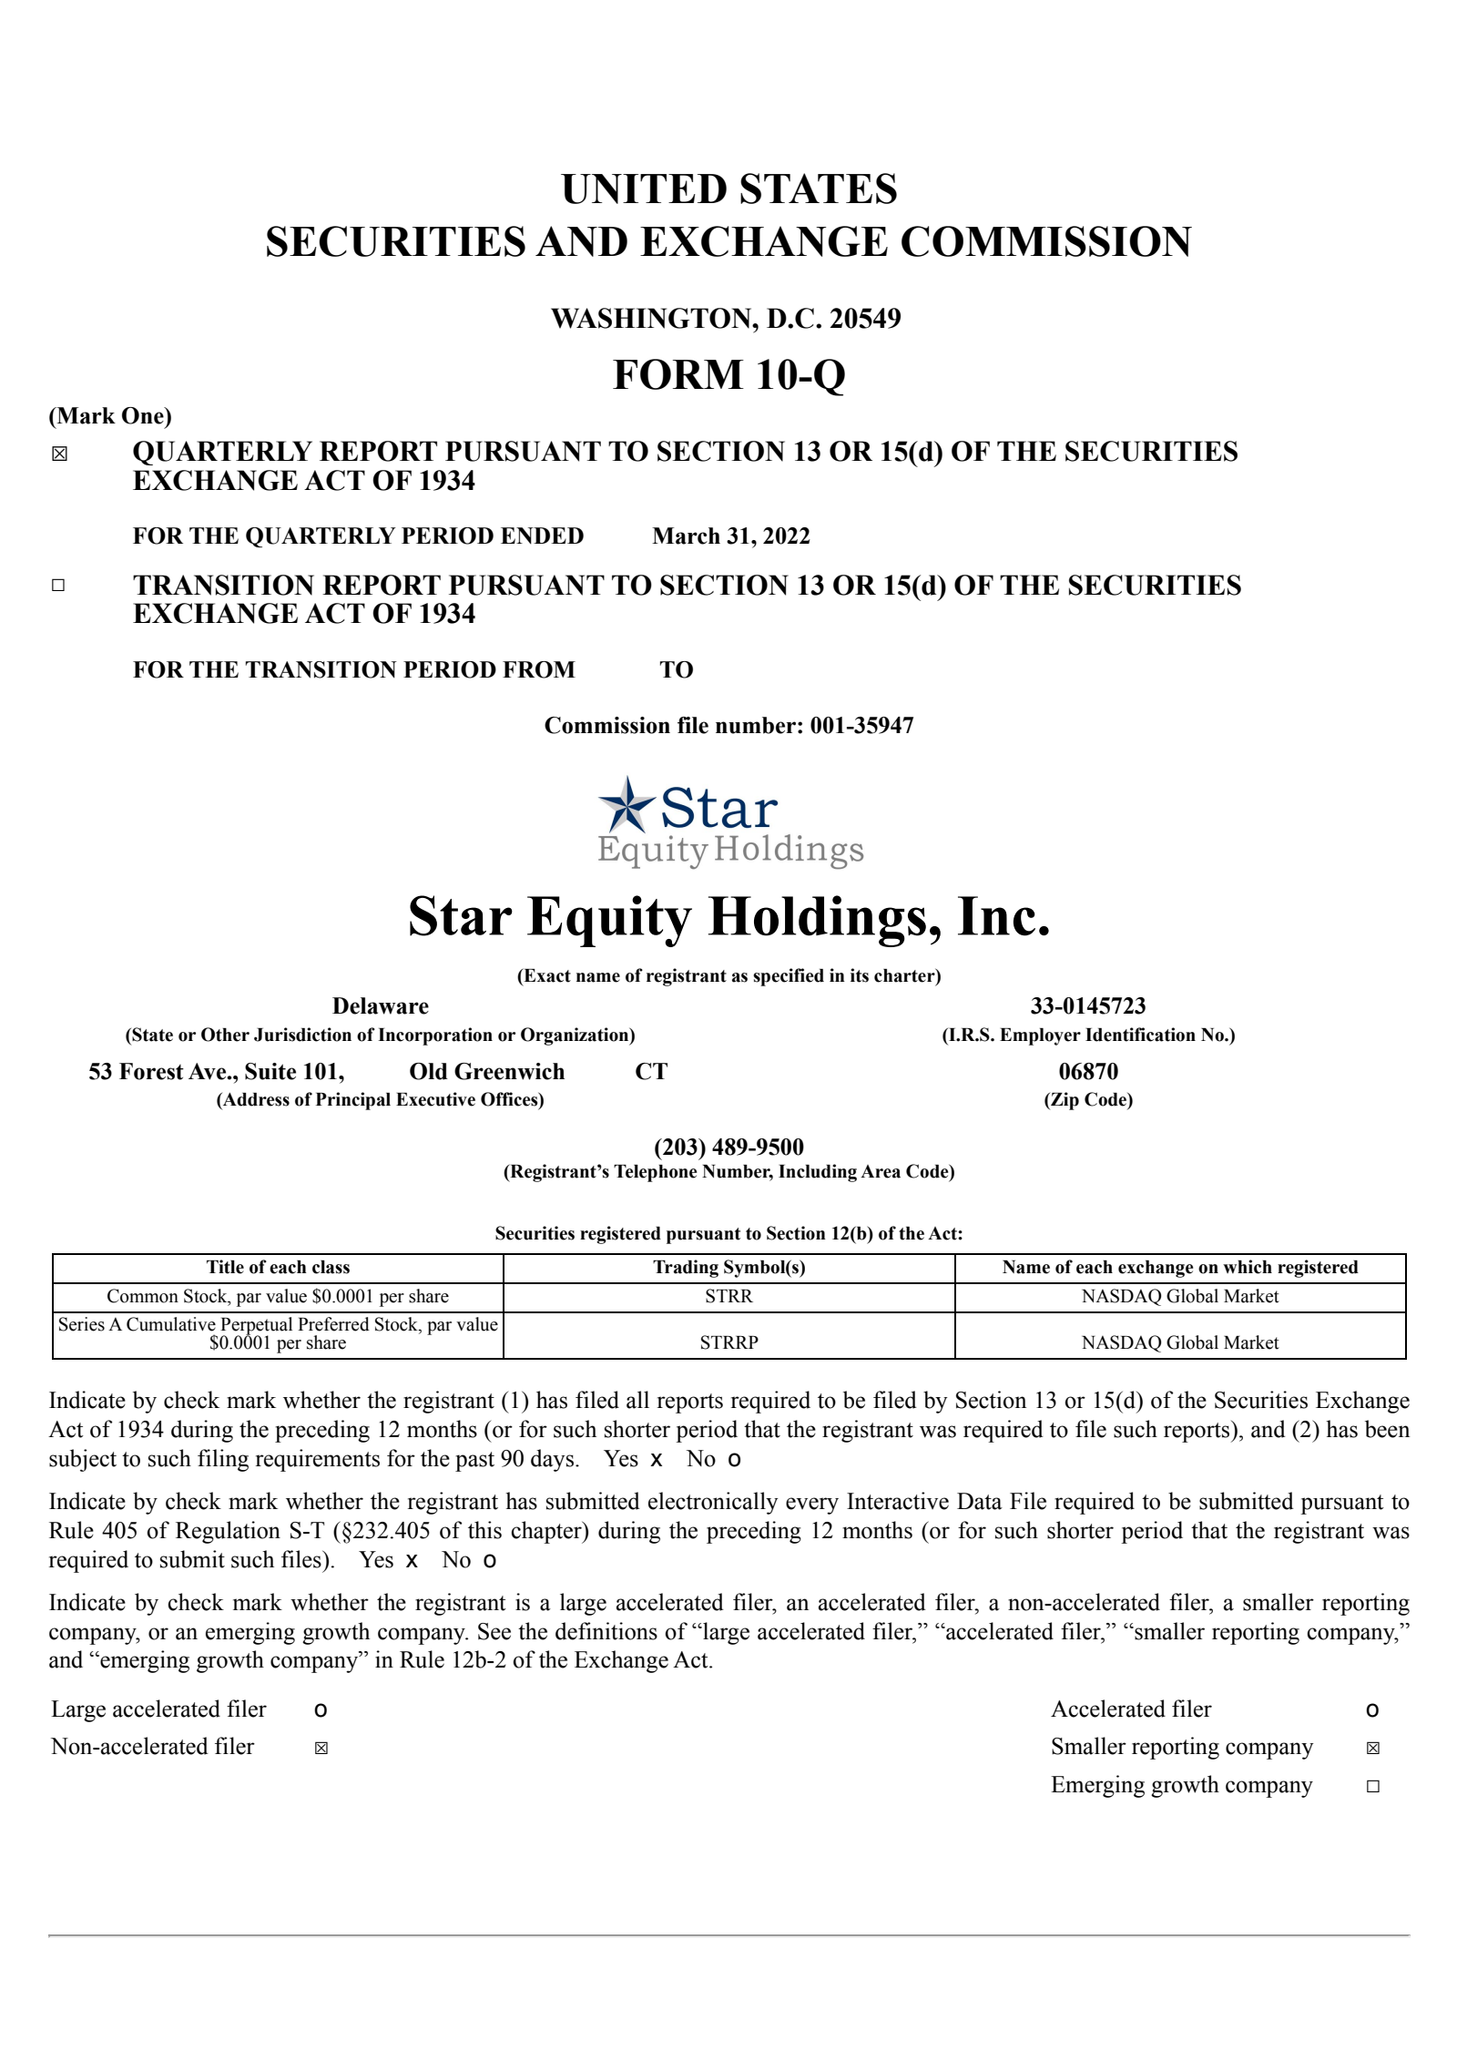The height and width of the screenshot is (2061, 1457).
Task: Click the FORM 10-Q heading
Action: [728, 374]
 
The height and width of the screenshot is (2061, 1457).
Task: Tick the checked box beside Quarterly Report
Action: [59, 454]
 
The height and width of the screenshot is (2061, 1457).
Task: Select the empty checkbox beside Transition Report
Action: [58, 586]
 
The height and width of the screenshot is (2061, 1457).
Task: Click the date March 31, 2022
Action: [730, 536]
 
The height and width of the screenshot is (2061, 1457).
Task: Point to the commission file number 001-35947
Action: [861, 725]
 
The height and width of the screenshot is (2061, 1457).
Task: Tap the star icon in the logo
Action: [627, 803]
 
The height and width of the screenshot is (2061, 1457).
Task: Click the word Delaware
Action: [380, 1005]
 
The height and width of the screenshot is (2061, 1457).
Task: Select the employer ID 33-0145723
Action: [1087, 1005]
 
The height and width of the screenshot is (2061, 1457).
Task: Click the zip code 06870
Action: [1087, 1071]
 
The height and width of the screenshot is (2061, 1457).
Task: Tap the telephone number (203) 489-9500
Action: [728, 1147]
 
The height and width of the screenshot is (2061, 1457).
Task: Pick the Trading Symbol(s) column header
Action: [728, 1267]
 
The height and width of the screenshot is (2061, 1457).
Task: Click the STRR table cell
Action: [728, 1296]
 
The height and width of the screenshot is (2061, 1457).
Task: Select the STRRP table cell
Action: [728, 1342]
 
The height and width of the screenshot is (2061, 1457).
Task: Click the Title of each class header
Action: [278, 1267]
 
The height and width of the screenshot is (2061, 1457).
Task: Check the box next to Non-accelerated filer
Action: [321, 1748]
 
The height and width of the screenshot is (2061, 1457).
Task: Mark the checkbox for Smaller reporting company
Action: [1372, 1748]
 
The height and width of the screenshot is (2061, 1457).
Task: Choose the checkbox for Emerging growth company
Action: [1372, 1786]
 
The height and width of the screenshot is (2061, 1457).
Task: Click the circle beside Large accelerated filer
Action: [321, 1710]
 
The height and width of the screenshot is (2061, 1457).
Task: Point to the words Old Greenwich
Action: [486, 1071]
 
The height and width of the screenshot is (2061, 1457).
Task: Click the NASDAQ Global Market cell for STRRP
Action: [1179, 1342]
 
